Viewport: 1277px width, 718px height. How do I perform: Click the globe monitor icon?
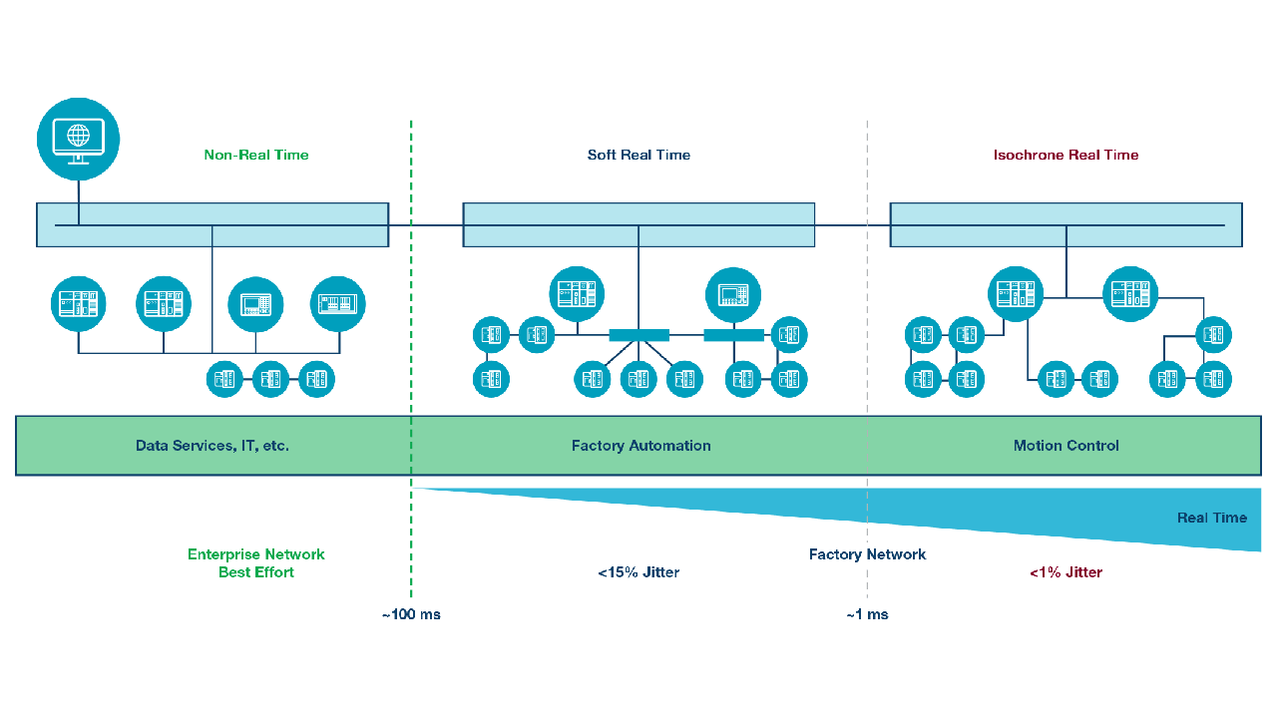(x=78, y=139)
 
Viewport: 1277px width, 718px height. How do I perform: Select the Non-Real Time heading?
(x=256, y=155)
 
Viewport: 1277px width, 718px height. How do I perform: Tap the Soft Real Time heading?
(x=638, y=155)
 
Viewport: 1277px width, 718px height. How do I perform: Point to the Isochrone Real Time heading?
(x=1065, y=155)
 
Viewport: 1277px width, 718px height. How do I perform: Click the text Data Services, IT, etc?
(x=213, y=446)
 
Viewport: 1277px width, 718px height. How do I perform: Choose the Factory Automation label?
(x=640, y=446)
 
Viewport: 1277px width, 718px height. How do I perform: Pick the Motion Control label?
(x=1065, y=446)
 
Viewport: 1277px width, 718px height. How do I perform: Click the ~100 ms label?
(x=410, y=614)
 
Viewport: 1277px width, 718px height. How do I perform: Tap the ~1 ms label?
(x=867, y=614)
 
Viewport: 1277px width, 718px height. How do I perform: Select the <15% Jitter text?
(x=638, y=572)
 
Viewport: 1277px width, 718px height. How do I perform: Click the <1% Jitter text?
(x=1065, y=572)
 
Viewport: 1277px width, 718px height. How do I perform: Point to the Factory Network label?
(x=867, y=554)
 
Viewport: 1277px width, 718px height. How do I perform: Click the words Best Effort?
(x=256, y=572)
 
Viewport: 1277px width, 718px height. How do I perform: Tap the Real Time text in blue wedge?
(x=1211, y=518)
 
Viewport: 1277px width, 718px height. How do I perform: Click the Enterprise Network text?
(x=256, y=554)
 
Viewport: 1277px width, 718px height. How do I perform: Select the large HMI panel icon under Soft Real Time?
(x=733, y=294)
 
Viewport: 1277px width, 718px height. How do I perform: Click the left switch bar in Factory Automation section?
(x=638, y=335)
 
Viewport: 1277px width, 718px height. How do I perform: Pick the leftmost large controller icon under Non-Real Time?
(x=79, y=304)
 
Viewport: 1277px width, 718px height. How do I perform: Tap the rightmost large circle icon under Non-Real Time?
(x=338, y=304)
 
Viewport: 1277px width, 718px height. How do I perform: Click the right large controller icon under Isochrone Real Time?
(x=1130, y=294)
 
